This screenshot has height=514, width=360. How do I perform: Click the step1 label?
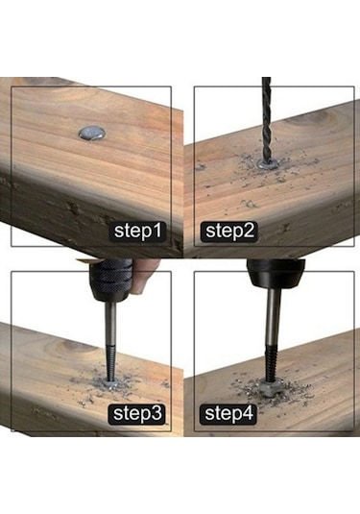coord(137,232)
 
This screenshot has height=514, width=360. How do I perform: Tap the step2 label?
coord(229,232)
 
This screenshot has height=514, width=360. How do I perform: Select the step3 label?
coord(137,414)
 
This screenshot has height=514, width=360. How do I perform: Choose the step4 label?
coord(228,414)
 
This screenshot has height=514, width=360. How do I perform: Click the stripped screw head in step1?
coord(92,133)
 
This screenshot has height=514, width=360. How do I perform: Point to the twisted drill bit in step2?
coord(267,120)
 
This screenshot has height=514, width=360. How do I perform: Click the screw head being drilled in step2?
coord(267,164)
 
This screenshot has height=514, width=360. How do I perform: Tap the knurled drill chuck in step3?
coord(111,280)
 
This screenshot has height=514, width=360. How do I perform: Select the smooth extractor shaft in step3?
coord(110,322)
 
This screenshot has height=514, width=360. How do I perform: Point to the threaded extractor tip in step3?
coord(110,361)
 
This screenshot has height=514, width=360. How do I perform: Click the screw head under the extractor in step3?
coord(111,383)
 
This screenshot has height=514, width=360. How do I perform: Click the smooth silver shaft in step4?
coord(274,315)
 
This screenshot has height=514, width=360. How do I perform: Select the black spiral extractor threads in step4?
coord(271,363)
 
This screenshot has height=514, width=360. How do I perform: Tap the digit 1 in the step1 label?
coord(157,231)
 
